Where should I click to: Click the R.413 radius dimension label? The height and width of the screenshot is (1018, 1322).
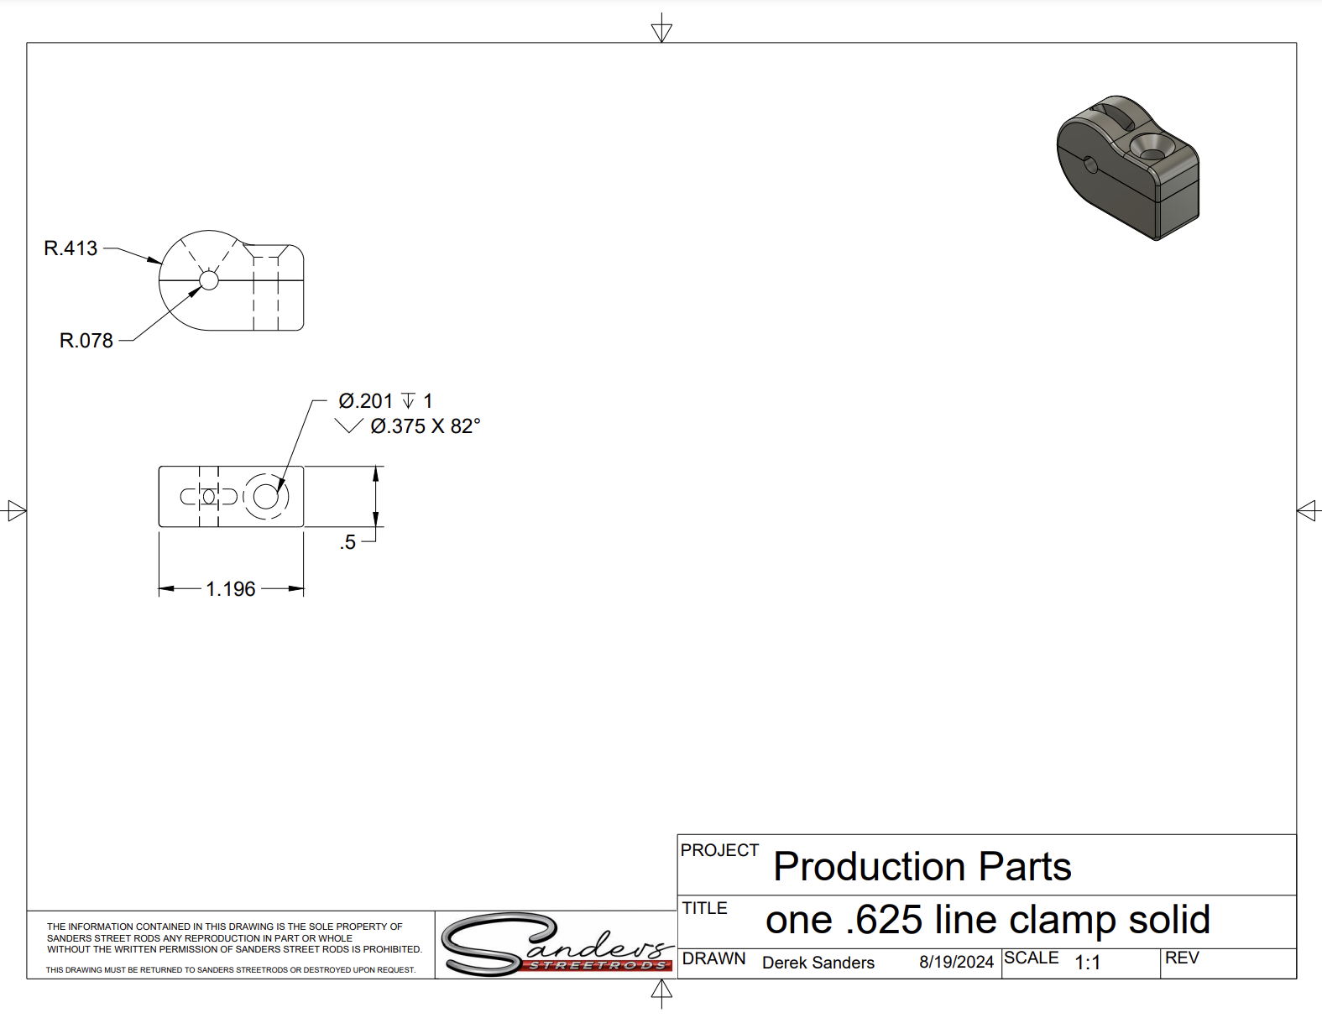(71, 248)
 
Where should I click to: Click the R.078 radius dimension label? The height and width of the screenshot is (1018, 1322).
(86, 341)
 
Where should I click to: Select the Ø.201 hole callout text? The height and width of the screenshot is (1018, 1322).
(366, 401)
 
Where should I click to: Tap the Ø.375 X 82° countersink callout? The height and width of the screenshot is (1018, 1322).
(426, 426)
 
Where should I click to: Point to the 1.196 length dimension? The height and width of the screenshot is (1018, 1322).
(231, 588)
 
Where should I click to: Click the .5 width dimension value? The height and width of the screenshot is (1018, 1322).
(347, 542)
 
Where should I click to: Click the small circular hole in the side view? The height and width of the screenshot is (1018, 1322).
(209, 280)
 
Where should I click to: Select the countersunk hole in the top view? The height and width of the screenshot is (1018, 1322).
(266, 497)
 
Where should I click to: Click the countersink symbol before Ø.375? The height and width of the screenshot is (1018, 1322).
(349, 426)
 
